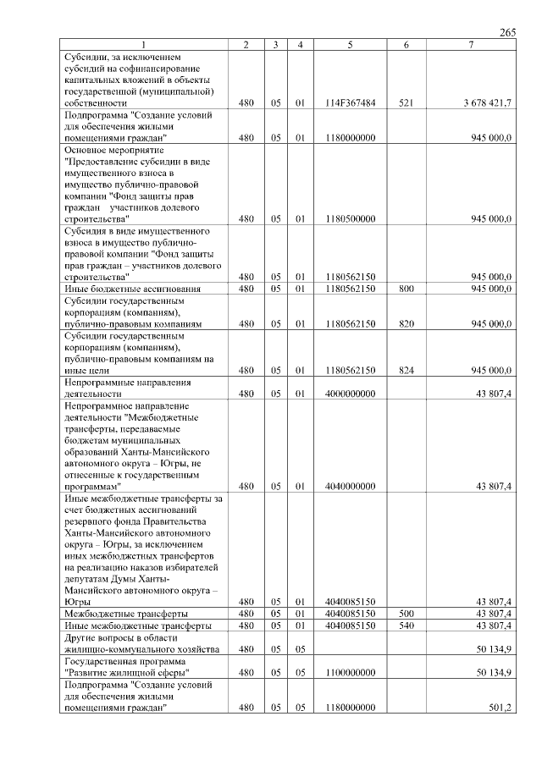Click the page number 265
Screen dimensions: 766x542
coord(508,32)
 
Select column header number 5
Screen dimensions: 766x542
coord(350,44)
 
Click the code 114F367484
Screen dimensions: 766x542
coord(350,102)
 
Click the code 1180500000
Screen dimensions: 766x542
coord(350,218)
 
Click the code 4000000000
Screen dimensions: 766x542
coord(350,394)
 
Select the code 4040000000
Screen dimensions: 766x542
coord(350,487)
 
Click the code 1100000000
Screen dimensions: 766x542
coord(350,673)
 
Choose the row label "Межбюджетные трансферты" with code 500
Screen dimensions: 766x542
coord(126,614)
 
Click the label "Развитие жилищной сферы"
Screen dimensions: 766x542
coord(127,673)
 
